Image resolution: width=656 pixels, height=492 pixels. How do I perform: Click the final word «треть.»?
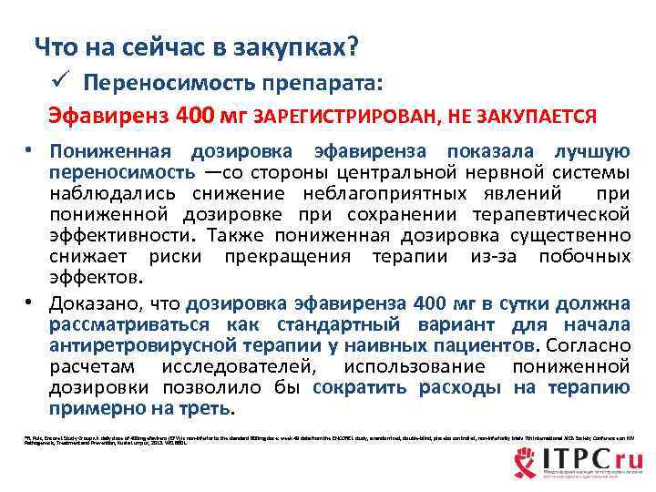click(207, 408)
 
